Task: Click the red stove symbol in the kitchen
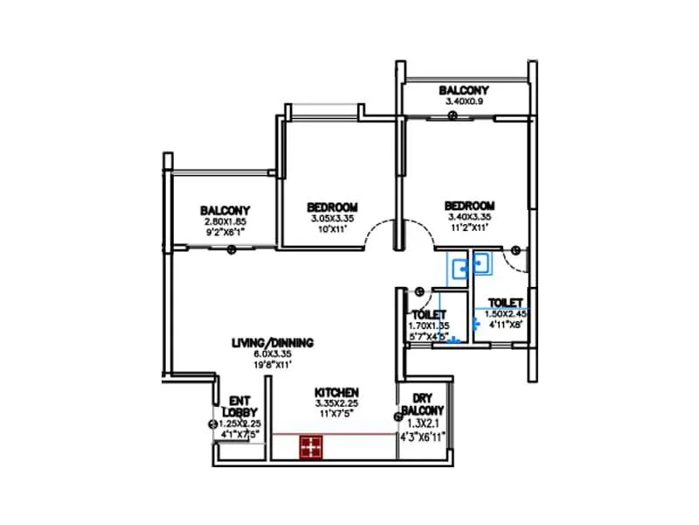(309, 447)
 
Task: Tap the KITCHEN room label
(337, 392)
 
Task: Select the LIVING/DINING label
(273, 342)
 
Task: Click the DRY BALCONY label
(424, 403)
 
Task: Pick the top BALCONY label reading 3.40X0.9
(464, 90)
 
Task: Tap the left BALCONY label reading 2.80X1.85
(225, 210)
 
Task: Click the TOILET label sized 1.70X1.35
(429, 314)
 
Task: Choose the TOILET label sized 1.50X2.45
(506, 302)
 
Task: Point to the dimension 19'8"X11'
(273, 364)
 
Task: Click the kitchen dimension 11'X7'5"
(336, 414)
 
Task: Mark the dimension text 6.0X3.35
(273, 353)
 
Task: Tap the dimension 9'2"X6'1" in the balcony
(225, 233)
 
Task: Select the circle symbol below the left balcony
(231, 250)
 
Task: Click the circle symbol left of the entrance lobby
(211, 424)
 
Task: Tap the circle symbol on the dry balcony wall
(398, 429)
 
